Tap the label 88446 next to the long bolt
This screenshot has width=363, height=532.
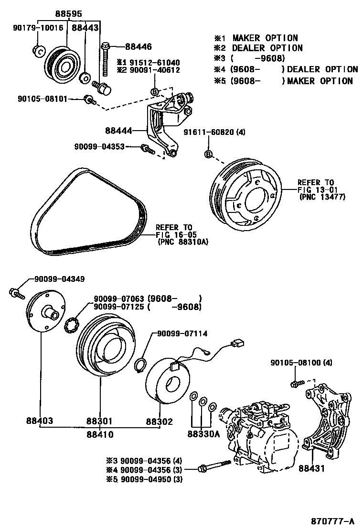[138, 47]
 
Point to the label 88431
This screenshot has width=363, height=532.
[313, 469]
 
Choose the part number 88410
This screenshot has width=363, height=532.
[100, 434]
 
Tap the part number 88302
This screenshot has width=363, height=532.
[159, 421]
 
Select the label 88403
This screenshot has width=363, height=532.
[40, 421]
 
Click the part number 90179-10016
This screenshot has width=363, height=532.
[38, 28]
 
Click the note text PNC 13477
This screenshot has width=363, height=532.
[322, 196]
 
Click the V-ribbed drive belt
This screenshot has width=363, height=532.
[86, 211]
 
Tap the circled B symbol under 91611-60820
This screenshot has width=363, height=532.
[208, 154]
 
